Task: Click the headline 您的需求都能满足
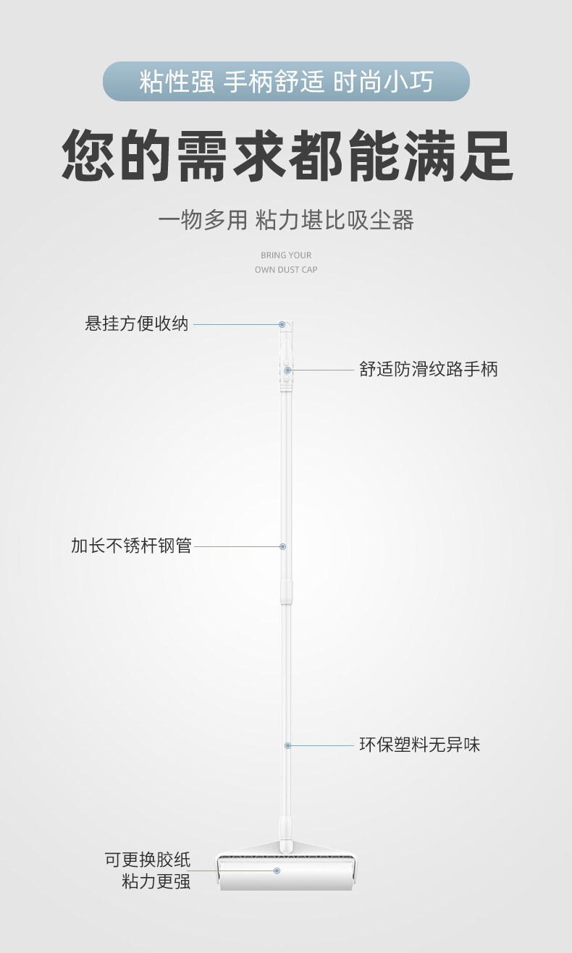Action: click(287, 156)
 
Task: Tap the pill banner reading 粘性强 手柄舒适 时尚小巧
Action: click(286, 81)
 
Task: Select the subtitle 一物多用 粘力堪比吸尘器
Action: click(286, 220)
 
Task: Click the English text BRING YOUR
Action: click(286, 255)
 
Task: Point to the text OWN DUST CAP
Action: click(286, 270)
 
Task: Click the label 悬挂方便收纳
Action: click(137, 324)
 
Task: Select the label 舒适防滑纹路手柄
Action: click(429, 369)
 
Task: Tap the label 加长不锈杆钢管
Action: click(131, 546)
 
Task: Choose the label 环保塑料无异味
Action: click(420, 745)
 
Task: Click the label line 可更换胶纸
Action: click(148, 860)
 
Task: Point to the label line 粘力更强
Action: click(156, 881)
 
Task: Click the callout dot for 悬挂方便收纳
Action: click(282, 325)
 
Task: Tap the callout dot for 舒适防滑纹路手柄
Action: click(287, 370)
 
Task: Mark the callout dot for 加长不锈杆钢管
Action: click(283, 546)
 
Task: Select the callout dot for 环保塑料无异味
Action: click(287, 745)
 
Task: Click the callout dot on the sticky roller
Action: click(277, 871)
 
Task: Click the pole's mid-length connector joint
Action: click(287, 590)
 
